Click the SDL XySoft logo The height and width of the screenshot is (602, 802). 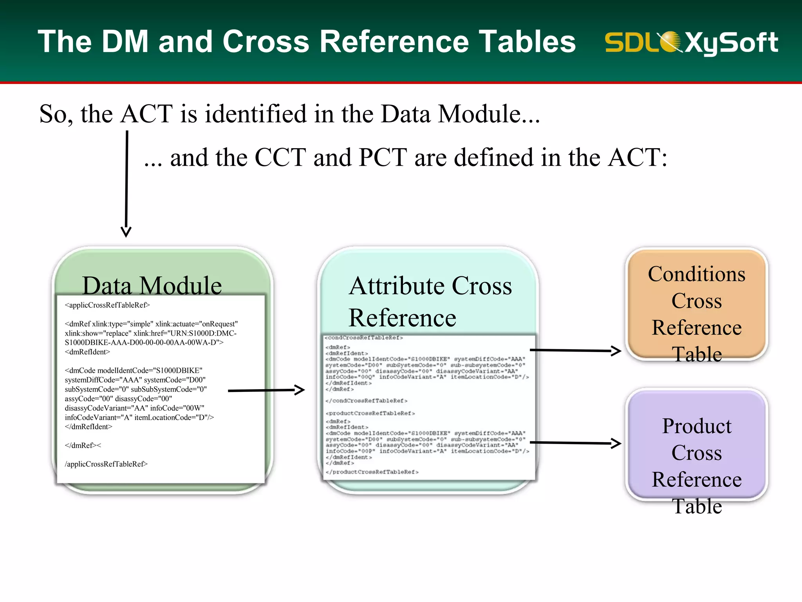click(691, 42)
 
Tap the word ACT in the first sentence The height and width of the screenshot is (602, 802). click(146, 114)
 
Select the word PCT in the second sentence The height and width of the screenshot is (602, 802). click(383, 158)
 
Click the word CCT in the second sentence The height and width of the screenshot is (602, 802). click(280, 158)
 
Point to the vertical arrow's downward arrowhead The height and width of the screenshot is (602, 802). click(126, 232)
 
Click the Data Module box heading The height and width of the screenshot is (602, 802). click(152, 285)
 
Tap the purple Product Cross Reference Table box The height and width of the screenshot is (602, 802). click(696, 445)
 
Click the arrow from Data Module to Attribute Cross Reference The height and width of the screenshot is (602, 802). click(266, 390)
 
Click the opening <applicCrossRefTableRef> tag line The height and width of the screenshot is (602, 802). click(107, 305)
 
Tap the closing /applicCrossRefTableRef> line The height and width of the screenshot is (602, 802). click(106, 464)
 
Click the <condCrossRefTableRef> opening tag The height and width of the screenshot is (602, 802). click(363, 337)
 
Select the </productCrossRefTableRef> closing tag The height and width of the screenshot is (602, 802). click(372, 472)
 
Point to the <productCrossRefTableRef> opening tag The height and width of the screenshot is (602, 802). click(370, 413)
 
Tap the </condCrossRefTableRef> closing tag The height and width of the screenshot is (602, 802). click(367, 401)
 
